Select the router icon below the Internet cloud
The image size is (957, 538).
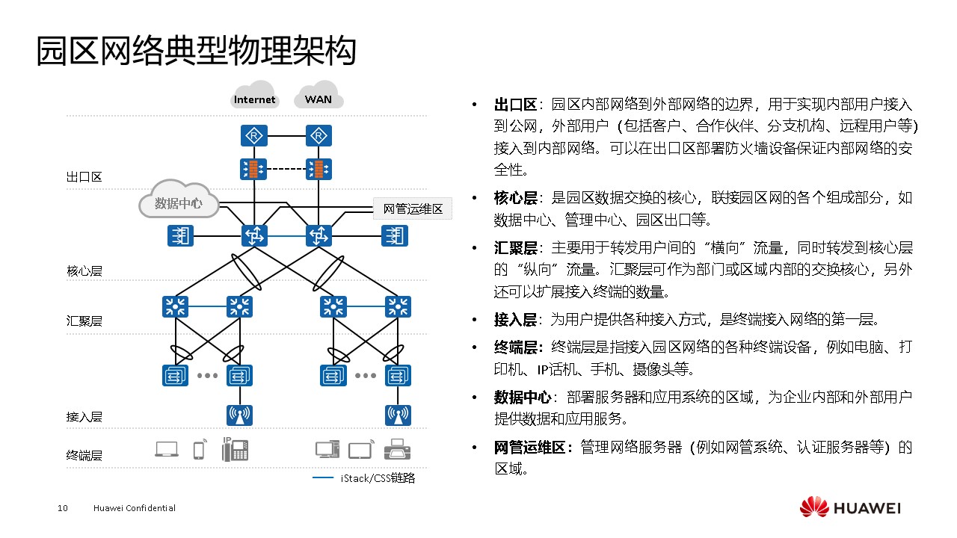[254, 136]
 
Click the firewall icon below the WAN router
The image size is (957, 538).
[319, 169]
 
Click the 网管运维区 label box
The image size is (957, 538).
[413, 209]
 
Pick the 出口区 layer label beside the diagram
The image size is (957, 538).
[84, 177]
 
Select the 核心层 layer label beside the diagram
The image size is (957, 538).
[84, 270]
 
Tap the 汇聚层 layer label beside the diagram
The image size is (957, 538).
[84, 321]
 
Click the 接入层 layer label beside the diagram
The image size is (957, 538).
[84, 416]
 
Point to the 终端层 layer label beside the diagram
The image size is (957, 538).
[84, 455]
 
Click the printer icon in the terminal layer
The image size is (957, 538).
[397, 450]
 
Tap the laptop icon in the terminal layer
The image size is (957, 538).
[167, 449]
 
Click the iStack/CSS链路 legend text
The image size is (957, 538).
[378, 478]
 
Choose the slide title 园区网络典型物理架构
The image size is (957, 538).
[196, 52]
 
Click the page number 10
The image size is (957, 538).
[63, 508]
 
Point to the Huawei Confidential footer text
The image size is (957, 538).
[135, 508]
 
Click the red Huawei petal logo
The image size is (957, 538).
[814, 507]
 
